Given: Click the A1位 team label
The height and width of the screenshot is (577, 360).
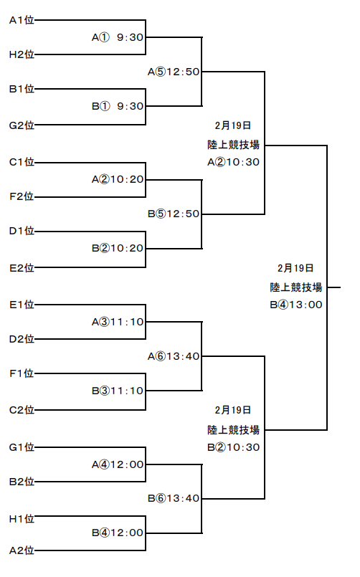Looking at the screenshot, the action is [x=22, y=20].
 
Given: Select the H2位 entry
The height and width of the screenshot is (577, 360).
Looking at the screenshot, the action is [x=22, y=54].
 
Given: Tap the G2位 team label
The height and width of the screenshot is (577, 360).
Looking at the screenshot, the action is [x=22, y=125].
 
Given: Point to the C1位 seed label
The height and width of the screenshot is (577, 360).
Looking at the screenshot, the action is [x=22, y=162].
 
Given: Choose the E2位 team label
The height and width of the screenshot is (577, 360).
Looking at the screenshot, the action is [x=22, y=268].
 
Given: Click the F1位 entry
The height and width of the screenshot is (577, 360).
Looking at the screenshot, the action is [x=22, y=373].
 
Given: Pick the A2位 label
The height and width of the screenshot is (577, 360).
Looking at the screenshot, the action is [x=22, y=550].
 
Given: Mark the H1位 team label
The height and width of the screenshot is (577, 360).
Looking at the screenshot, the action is [x=22, y=519].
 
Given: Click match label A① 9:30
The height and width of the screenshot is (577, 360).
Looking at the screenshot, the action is [x=118, y=37].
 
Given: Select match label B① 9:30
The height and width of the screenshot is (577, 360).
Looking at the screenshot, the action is [x=118, y=106].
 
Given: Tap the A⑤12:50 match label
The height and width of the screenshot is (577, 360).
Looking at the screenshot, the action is [x=174, y=72].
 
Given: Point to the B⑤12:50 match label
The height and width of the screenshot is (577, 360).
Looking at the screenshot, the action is [x=174, y=214].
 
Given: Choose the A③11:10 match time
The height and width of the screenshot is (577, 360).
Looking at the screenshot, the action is [x=118, y=322].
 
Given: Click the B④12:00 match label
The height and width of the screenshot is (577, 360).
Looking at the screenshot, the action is [x=118, y=533].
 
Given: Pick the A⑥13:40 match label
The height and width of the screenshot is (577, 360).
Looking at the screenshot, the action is [x=174, y=356].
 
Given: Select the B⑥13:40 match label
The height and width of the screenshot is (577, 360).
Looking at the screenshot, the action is [x=174, y=498].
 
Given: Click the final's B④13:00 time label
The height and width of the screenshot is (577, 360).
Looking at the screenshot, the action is [x=296, y=305].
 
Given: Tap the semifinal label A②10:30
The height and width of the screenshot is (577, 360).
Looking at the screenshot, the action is [x=233, y=162].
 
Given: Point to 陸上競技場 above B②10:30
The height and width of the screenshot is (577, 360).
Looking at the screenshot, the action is [x=233, y=429].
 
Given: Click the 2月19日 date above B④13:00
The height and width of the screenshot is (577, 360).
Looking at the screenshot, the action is [x=295, y=268].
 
